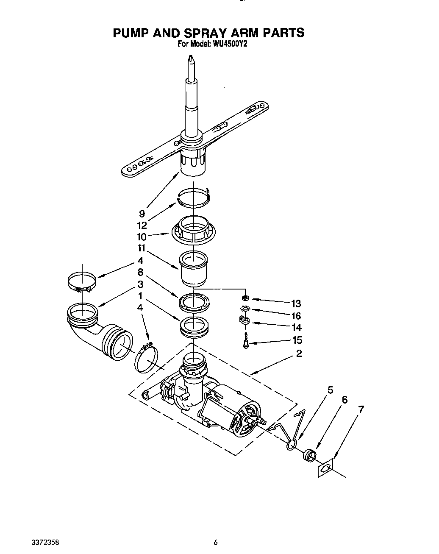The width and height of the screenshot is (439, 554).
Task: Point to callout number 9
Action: tap(142, 214)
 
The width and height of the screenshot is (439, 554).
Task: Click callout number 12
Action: tap(142, 225)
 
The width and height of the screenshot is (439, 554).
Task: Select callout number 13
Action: tap(296, 303)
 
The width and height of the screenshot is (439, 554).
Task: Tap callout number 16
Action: tap(296, 316)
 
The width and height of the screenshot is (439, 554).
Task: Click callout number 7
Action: tap(361, 409)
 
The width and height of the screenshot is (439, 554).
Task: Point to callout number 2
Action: tap(299, 353)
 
